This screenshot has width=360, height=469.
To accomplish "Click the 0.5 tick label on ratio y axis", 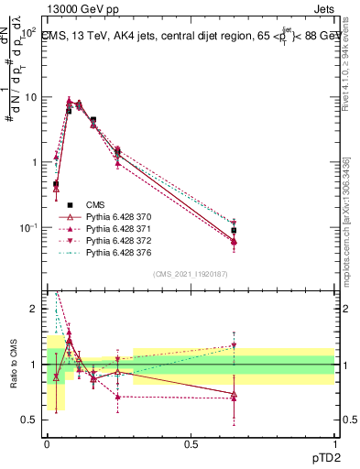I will click(x=31, y=420).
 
